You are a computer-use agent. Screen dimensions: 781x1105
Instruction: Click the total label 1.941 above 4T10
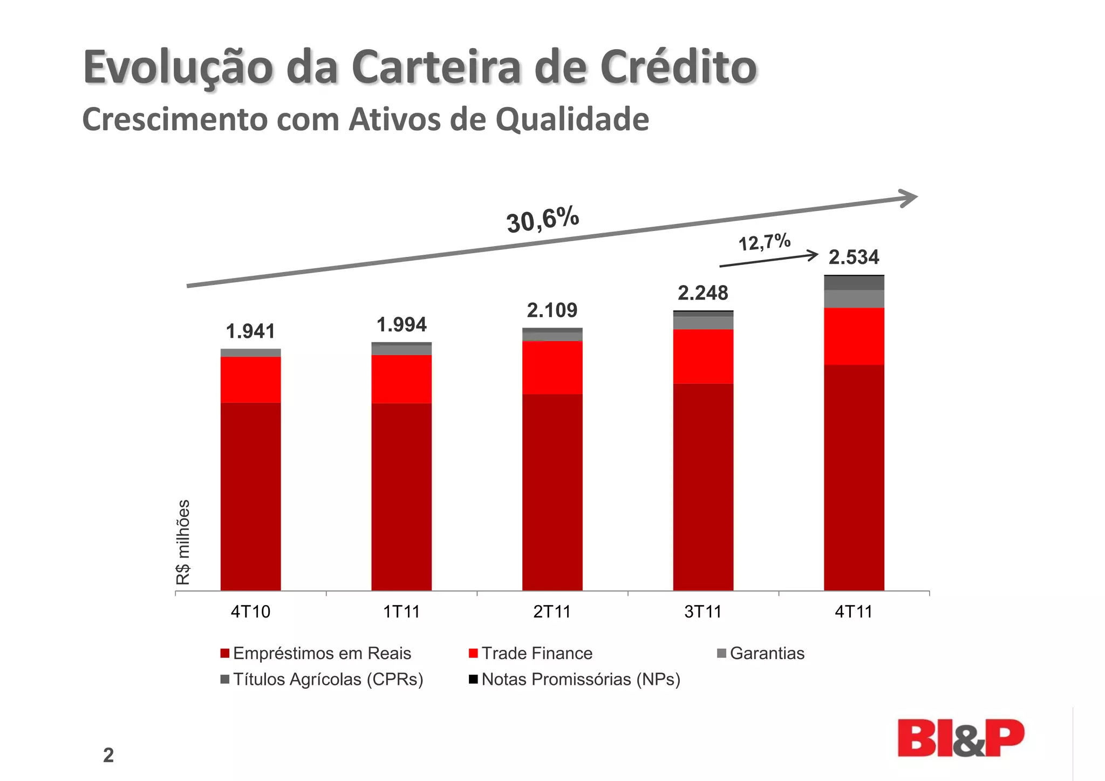click(x=250, y=331)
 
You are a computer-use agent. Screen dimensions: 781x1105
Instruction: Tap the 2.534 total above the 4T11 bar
click(x=854, y=257)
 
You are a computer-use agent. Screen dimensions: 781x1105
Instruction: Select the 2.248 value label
click(x=702, y=293)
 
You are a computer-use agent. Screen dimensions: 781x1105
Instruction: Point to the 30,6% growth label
click(x=543, y=220)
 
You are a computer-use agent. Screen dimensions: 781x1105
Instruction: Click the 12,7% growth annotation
click(x=764, y=242)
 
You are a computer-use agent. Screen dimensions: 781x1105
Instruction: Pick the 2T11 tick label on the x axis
click(x=552, y=612)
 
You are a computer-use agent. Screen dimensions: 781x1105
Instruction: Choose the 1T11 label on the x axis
click(x=401, y=612)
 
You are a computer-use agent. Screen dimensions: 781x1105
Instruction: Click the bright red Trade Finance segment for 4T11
click(x=854, y=336)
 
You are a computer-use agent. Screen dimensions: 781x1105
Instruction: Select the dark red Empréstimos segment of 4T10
click(x=250, y=497)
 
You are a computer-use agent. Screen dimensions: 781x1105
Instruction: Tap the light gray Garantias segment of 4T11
click(x=854, y=299)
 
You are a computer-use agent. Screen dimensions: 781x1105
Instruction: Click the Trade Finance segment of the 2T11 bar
click(x=552, y=368)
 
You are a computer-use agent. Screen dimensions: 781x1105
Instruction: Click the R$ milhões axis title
click(x=183, y=542)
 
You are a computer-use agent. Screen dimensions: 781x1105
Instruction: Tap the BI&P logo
click(x=960, y=738)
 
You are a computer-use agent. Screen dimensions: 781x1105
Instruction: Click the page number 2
click(x=108, y=756)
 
